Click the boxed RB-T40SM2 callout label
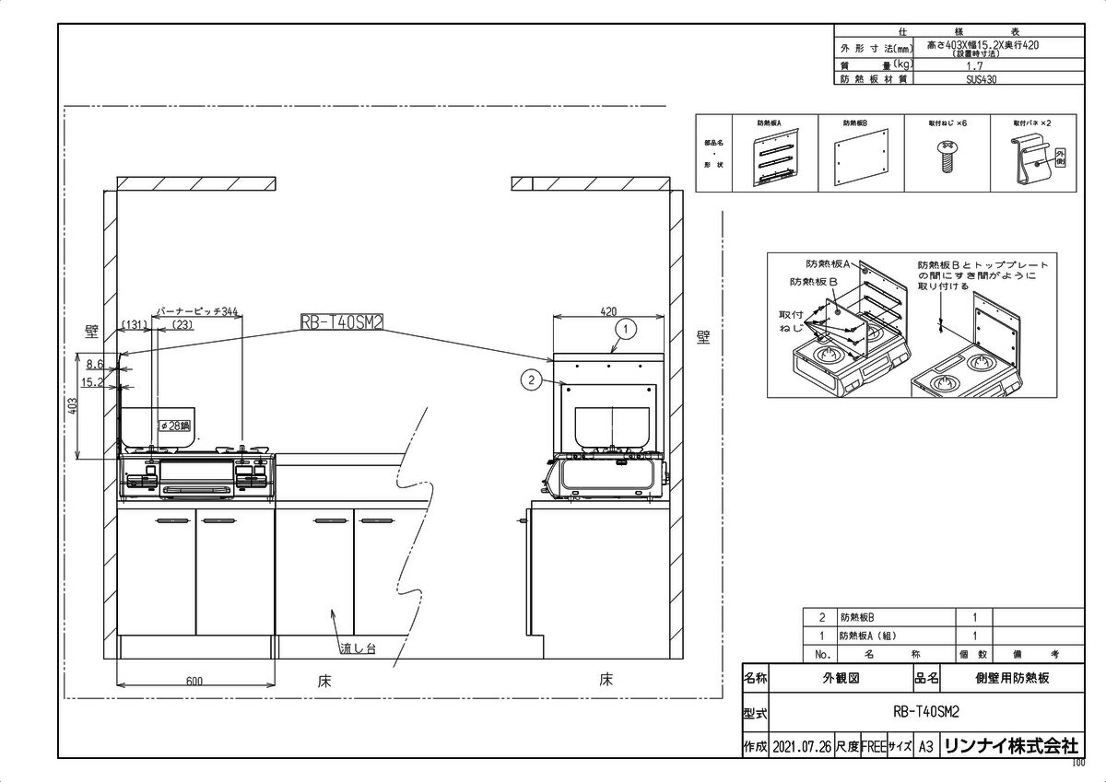coord(341,321)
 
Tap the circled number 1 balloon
coord(624,327)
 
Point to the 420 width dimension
coord(608,311)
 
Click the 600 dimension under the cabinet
coord(194,681)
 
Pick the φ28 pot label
coord(174,426)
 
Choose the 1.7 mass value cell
coord(975,66)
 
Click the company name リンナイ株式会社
coord(1010,746)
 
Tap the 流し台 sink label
coord(359,648)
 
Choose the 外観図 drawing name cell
coord(840,679)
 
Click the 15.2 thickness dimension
coord(91,380)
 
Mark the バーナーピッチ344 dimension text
coord(197,312)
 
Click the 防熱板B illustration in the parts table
coord(862,158)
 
